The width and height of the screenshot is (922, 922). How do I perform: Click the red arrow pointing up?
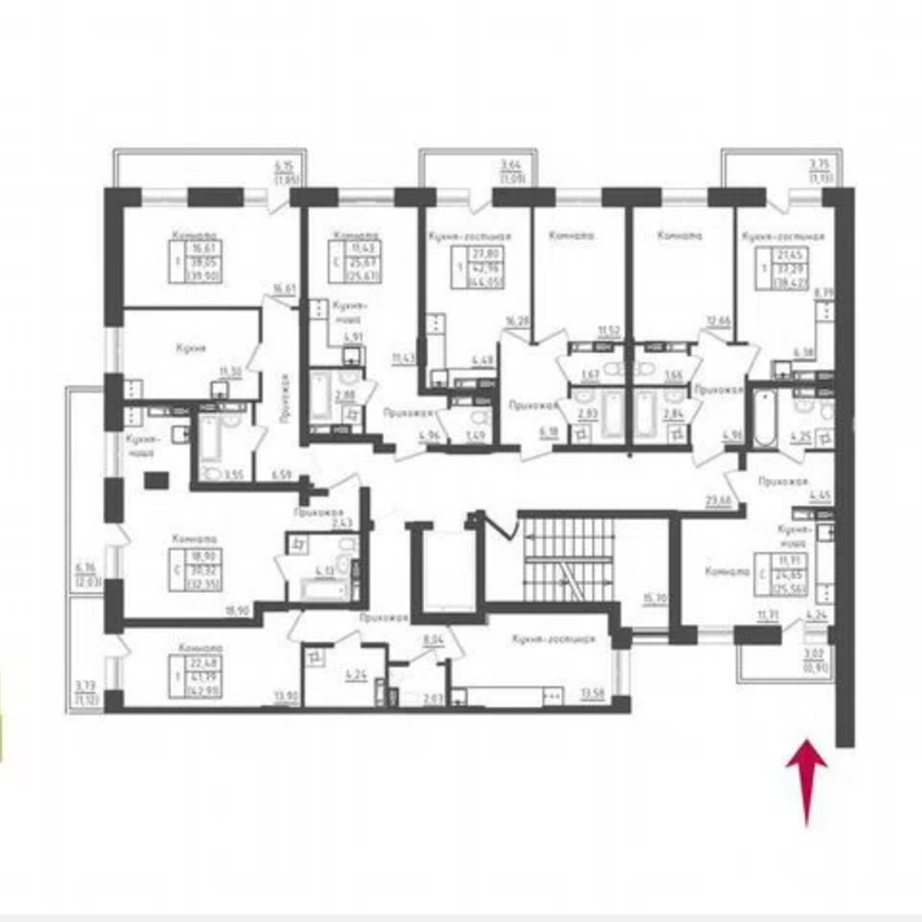tap(806, 780)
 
